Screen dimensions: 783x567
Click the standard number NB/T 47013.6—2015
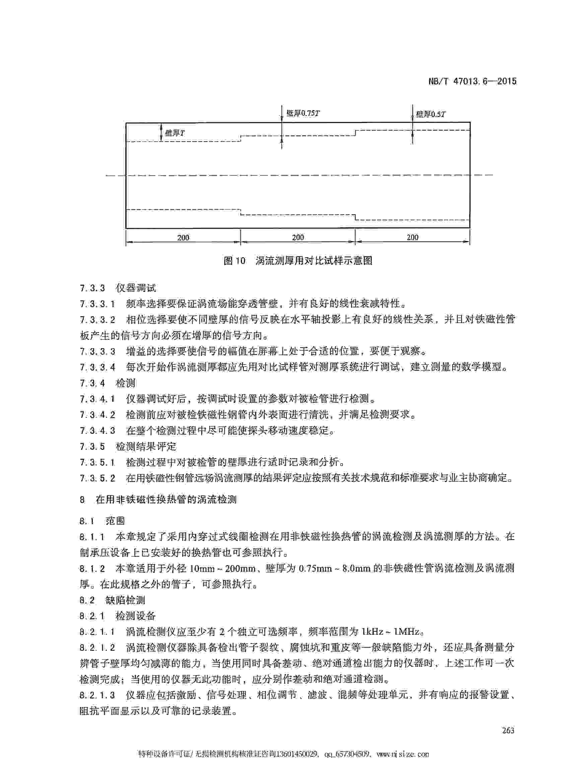pyautogui.click(x=472, y=81)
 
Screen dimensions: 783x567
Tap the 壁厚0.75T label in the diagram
pyautogui.click(x=303, y=113)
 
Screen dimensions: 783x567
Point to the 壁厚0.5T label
pyautogui.click(x=431, y=114)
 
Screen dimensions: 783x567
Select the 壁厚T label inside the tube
pyautogui.click(x=175, y=133)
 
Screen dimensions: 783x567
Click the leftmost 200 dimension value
pyautogui.click(x=183, y=238)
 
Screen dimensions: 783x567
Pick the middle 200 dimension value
pyautogui.click(x=298, y=238)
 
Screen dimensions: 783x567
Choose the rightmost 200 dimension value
pyautogui.click(x=412, y=238)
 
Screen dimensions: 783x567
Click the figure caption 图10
pyautogui.click(x=234, y=261)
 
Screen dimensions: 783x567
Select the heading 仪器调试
pyautogui.click(x=136, y=288)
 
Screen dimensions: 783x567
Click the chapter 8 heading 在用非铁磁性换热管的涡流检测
pyautogui.click(x=166, y=499)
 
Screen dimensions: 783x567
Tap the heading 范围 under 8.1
pyautogui.click(x=115, y=521)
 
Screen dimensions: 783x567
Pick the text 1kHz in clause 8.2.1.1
pyautogui.click(x=373, y=632)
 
